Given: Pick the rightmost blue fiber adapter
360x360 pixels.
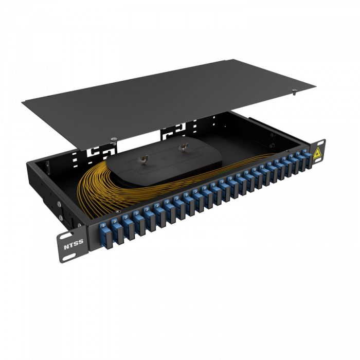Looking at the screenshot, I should click(x=307, y=158).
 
